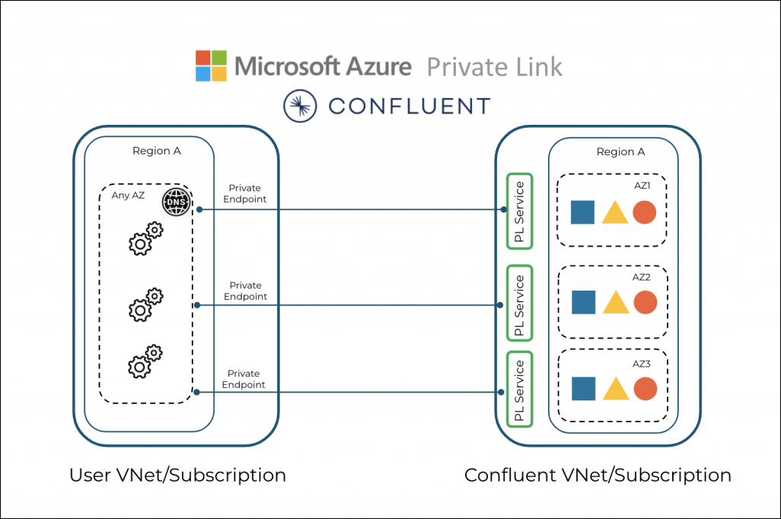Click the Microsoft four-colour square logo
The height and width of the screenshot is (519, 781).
(211, 66)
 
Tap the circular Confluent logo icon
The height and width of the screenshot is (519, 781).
(299, 106)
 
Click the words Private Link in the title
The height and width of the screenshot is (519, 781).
(494, 67)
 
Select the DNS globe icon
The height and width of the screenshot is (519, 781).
(177, 203)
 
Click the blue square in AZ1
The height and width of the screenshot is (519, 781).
(582, 212)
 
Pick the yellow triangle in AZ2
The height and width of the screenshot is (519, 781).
(615, 302)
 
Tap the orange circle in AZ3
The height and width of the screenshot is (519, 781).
(645, 389)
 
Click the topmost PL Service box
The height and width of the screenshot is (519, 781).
(519, 211)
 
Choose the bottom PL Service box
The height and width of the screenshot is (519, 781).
(519, 390)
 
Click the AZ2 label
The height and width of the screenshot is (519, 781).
(641, 277)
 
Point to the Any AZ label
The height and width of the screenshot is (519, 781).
(127, 196)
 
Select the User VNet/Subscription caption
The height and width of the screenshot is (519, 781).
(177, 476)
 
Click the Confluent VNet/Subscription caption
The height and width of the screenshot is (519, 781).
(598, 476)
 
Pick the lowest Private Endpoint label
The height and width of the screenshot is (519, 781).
(244, 379)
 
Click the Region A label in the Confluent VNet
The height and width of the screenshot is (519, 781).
(620, 151)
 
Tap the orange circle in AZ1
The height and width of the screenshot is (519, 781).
(644, 212)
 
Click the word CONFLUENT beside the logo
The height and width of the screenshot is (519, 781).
(409, 106)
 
